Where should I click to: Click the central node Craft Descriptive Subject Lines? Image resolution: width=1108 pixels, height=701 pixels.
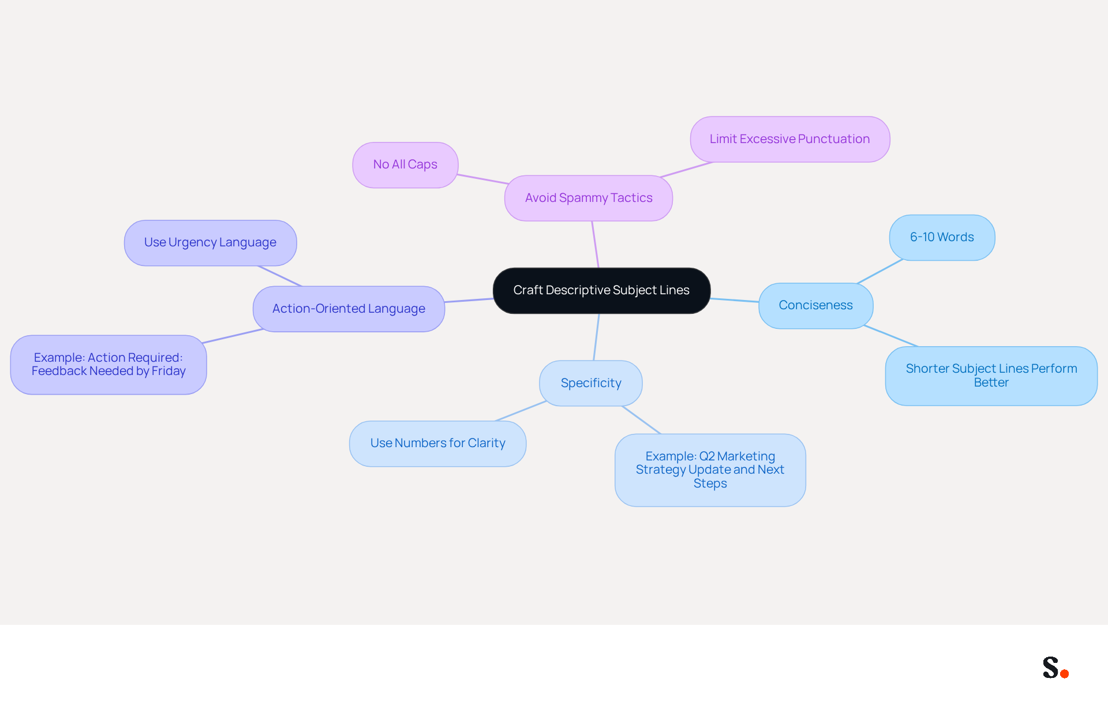(601, 291)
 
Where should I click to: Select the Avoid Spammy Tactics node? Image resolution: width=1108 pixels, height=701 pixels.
(589, 198)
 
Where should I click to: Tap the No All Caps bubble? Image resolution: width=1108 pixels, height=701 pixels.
(405, 165)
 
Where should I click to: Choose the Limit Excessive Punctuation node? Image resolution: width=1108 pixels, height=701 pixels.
(790, 139)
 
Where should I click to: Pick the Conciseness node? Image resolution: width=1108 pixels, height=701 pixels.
(815, 306)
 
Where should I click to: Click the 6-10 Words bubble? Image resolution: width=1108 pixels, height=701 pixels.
(942, 238)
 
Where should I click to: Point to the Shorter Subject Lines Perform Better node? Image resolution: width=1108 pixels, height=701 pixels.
(991, 376)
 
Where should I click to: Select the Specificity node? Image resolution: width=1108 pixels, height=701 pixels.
(591, 383)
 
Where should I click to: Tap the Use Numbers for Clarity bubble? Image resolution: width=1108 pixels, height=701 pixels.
(437, 444)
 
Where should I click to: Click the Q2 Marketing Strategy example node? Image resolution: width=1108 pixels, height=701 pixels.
(710, 470)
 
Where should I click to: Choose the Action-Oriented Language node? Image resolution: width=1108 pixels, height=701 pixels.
(349, 309)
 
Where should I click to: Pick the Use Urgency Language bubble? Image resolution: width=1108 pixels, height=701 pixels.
(210, 243)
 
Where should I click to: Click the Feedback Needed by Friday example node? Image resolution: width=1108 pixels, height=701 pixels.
(108, 365)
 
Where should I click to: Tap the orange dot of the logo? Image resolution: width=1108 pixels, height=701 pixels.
(1065, 673)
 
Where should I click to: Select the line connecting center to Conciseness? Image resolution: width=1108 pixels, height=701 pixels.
(735, 300)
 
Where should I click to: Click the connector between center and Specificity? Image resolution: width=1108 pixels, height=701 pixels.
(597, 337)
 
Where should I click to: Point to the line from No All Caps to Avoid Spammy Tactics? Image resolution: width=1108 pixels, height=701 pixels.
(483, 179)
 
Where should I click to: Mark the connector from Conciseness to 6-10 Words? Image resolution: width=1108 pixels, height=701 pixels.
(880, 271)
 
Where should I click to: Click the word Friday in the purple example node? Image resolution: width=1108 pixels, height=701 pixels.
(169, 371)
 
